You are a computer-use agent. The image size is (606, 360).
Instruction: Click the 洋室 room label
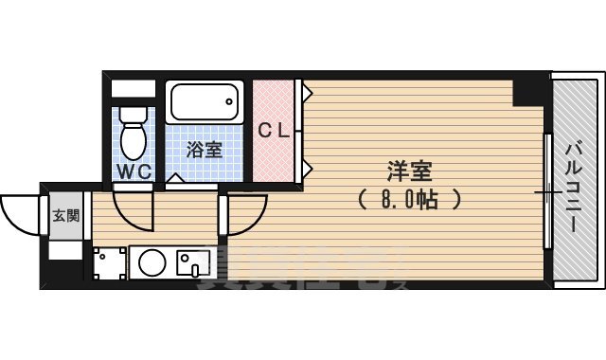(409, 172)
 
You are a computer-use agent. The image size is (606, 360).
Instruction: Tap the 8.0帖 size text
(409, 200)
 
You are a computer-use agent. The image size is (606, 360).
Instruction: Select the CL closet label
(275, 131)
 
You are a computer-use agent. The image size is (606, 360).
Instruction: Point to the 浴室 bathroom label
(204, 150)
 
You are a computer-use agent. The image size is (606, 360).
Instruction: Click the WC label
(133, 171)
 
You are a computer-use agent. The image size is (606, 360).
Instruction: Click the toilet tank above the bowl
(134, 116)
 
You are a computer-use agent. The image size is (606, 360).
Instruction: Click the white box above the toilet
(132, 90)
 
